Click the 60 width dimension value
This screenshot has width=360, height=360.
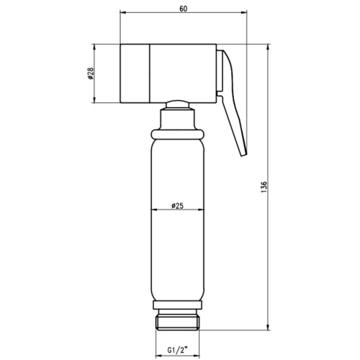point(183,9)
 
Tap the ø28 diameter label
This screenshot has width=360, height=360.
point(91,73)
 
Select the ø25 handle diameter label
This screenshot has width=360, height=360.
point(177,206)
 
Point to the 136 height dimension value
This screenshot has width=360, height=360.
point(264,187)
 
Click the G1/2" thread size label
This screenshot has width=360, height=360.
point(177,350)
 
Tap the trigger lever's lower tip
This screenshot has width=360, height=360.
point(243,156)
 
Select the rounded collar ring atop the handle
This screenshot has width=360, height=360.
point(178,135)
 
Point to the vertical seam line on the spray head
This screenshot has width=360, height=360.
point(150,73)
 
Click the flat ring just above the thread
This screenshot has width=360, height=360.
point(178,305)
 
